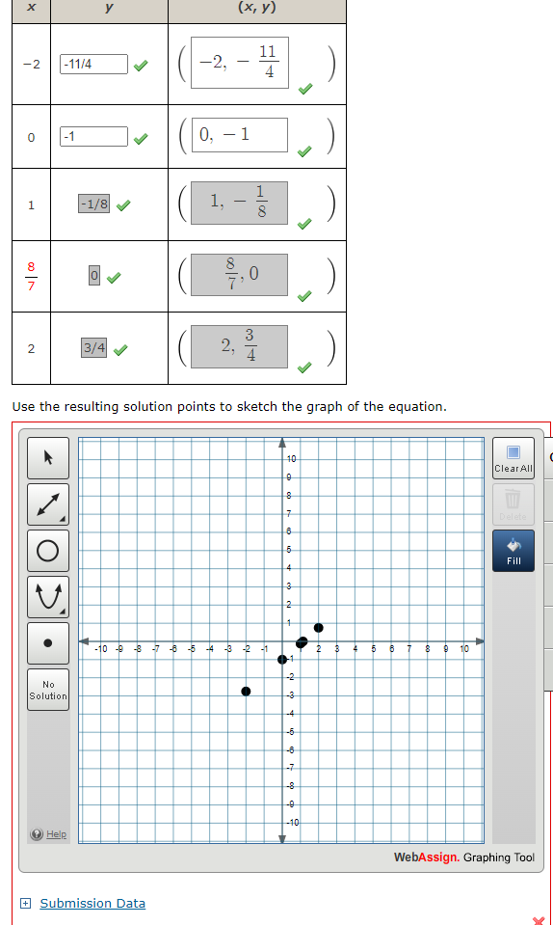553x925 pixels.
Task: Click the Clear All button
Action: pyautogui.click(x=513, y=457)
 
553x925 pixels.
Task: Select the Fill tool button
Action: pyautogui.click(x=513, y=550)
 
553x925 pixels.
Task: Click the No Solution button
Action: pyautogui.click(x=48, y=690)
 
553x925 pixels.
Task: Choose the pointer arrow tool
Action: pyautogui.click(x=48, y=456)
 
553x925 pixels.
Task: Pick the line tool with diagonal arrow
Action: pyautogui.click(x=48, y=503)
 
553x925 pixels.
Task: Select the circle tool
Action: pyautogui.click(x=48, y=550)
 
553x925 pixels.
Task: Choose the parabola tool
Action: pyautogui.click(x=48, y=596)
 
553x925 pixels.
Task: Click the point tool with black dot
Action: pyautogui.click(x=48, y=642)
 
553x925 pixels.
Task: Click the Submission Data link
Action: pyautogui.click(x=92, y=904)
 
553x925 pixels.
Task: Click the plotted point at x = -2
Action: pyautogui.click(x=246, y=692)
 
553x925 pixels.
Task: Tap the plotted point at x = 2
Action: pyautogui.click(x=319, y=628)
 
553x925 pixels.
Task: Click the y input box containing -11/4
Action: pyautogui.click(x=93, y=65)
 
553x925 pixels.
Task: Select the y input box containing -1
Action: pyautogui.click(x=93, y=136)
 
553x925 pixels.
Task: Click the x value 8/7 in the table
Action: pyautogui.click(x=31, y=276)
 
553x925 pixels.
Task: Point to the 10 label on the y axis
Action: pyautogui.click(x=293, y=457)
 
